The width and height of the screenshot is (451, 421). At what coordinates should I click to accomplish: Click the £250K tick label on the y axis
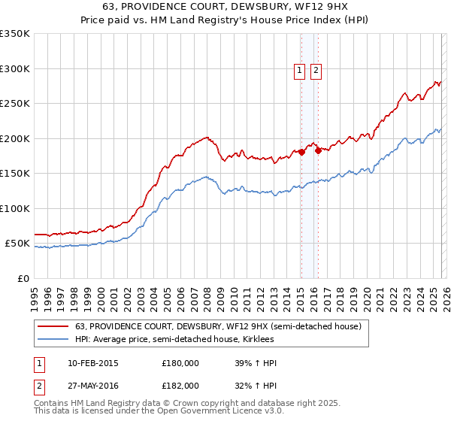pos(15,104)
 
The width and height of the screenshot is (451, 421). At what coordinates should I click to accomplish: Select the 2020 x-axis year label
pos(366,293)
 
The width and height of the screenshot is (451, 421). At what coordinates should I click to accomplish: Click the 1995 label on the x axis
pos(34,293)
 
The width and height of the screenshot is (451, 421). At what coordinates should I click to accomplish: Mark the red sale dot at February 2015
pos(301,152)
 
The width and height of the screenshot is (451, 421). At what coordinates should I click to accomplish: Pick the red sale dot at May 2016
pos(319,150)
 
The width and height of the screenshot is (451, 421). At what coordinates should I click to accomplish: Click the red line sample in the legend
pos(54,326)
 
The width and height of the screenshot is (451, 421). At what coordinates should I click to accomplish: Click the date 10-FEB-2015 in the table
pos(92,363)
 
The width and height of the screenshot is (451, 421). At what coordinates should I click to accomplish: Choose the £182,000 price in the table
pos(180,385)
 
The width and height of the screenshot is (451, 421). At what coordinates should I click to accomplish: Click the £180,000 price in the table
pos(180,363)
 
